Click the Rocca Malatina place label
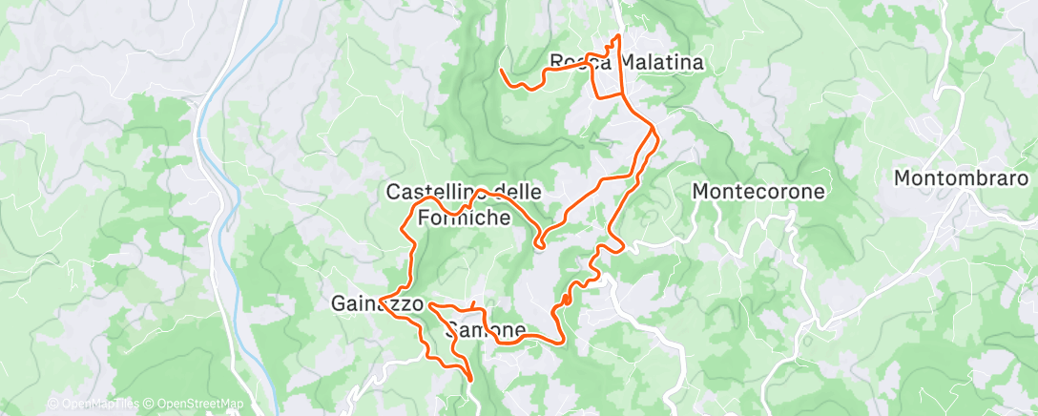[x=627, y=63]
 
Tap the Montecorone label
[x=758, y=191]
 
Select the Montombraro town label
[x=961, y=178]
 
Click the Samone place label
[x=486, y=331]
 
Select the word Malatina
[x=662, y=63]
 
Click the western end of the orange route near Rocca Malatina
[x=502, y=70]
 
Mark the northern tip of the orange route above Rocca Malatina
[x=618, y=36]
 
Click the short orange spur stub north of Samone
[x=473, y=303]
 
